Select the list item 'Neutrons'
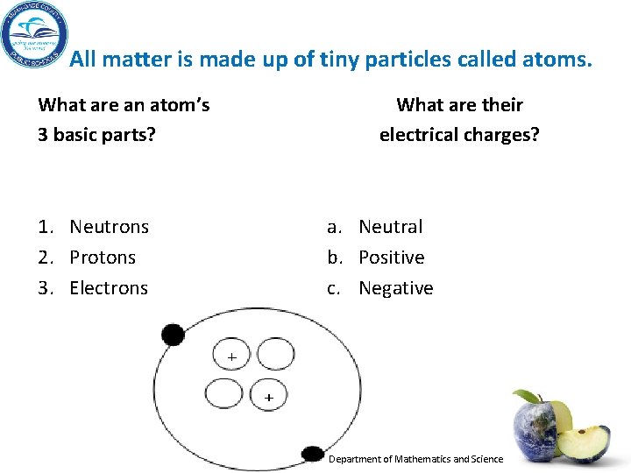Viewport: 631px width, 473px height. tap(109, 227)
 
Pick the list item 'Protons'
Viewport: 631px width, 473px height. tap(103, 258)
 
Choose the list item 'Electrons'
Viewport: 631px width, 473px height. tap(109, 288)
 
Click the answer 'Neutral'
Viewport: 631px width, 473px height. tap(391, 227)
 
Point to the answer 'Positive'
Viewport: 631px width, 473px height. tap(392, 258)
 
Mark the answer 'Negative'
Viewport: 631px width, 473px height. tap(396, 288)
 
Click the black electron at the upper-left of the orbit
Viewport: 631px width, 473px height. tap(173, 334)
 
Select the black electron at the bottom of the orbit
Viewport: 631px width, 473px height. tap(312, 454)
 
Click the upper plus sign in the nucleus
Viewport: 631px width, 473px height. tap(231, 357)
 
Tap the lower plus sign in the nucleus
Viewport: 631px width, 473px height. tap(268, 398)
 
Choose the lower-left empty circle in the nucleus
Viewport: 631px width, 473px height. tap(223, 393)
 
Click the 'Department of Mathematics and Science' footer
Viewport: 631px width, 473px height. tap(415, 459)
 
